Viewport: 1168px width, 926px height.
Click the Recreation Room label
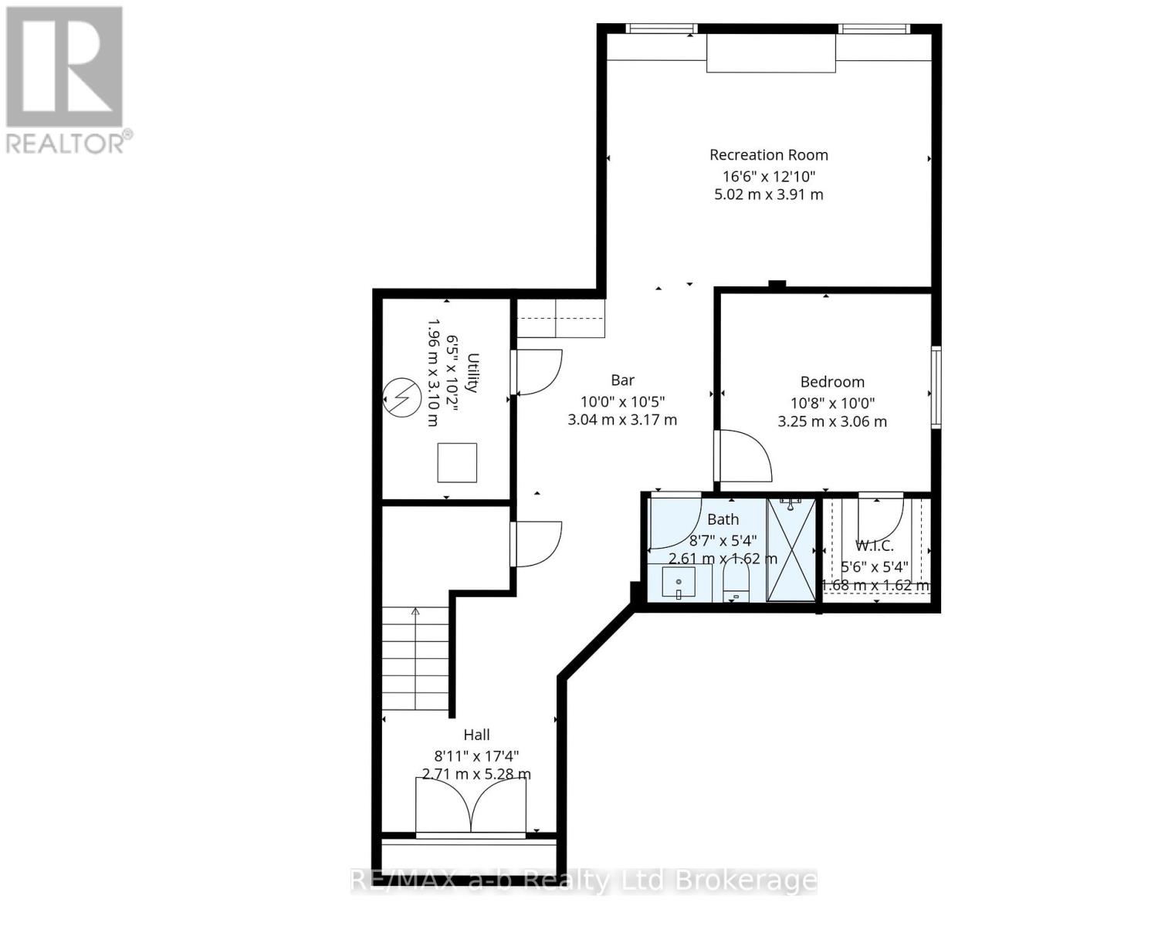(768, 155)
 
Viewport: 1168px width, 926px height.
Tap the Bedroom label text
(831, 382)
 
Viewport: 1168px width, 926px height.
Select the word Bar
(622, 380)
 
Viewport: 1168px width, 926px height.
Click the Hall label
(476, 735)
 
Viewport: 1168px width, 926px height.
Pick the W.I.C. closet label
(875, 546)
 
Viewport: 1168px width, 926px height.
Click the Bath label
(723, 519)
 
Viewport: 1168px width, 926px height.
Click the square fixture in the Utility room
(457, 463)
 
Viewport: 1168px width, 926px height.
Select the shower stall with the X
(791, 549)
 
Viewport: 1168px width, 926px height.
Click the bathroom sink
(679, 583)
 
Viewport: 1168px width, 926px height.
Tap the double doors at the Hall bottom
(471, 806)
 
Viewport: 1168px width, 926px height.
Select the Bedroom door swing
(743, 457)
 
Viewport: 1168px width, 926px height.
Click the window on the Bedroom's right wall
(936, 387)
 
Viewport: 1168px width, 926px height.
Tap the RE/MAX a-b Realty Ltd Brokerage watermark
(584, 880)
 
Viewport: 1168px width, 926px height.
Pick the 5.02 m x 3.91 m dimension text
(768, 194)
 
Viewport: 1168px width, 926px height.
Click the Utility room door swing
(537, 373)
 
